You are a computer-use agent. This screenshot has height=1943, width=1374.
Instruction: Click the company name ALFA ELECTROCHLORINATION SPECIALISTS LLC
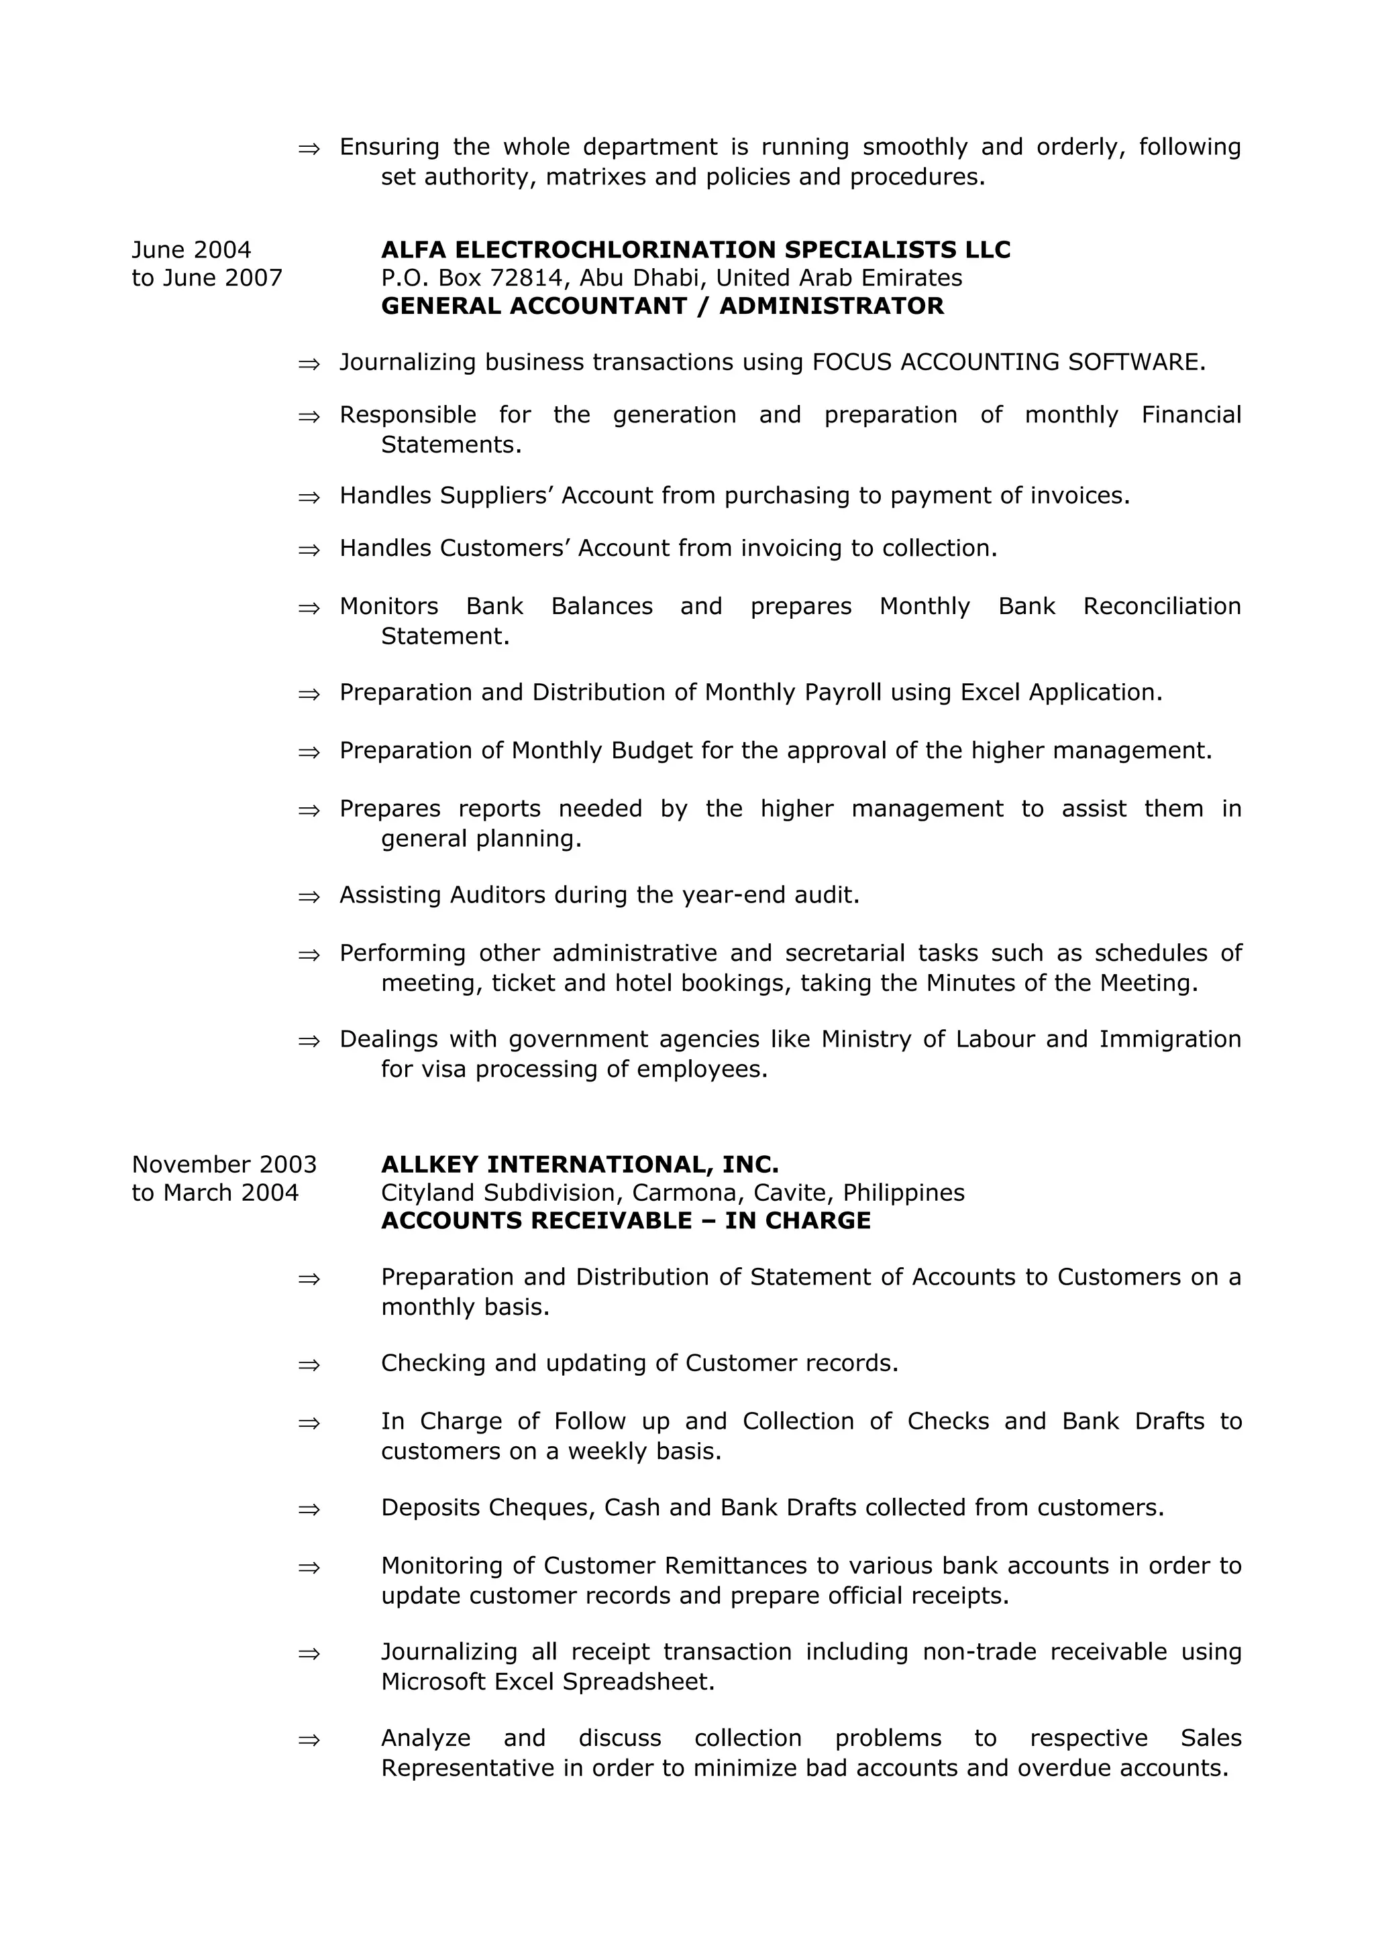[695, 249]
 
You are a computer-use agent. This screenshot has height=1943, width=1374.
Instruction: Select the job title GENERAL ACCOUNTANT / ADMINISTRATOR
[662, 306]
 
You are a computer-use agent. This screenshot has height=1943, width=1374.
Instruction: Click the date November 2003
[224, 1165]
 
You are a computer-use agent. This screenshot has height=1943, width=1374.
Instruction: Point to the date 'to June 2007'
[207, 278]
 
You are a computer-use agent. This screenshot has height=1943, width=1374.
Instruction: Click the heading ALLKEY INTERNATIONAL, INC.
[579, 1165]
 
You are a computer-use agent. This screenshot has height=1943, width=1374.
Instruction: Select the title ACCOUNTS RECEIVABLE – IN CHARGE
[626, 1220]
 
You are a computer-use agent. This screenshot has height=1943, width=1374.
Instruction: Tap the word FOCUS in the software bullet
[851, 362]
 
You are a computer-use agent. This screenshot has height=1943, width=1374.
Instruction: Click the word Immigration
[1170, 1039]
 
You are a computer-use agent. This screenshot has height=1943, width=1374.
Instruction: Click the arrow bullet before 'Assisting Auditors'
[309, 896]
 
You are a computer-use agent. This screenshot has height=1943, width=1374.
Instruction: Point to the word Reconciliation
[1161, 606]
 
